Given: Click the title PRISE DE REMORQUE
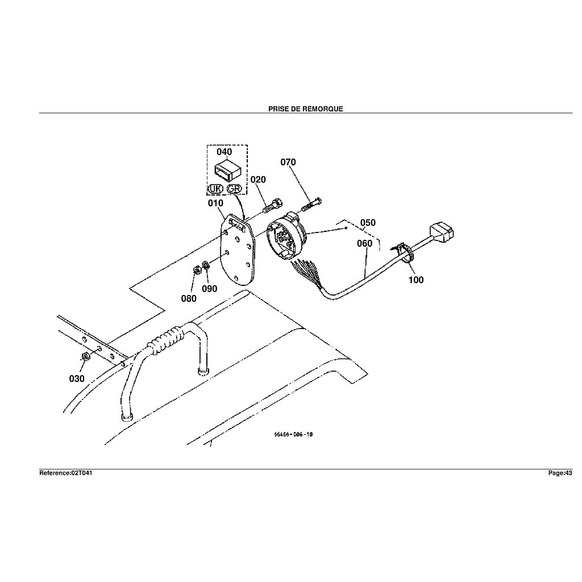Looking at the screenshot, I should pos(305,109).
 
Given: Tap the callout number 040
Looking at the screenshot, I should pos(225,152).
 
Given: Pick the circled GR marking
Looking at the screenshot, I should pos(234,189).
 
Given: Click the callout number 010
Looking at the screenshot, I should pos(215,203).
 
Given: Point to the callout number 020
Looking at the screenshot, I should pos(258,180).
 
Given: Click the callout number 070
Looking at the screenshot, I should pos(288,163).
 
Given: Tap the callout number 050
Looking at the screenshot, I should pos(368,223).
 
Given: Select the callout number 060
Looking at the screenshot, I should pos(364,243).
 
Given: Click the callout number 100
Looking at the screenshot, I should pos(416,280).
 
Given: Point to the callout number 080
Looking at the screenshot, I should pos(189,298).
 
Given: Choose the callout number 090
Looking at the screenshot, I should pos(210,289).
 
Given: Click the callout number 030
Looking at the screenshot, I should pos(77,379).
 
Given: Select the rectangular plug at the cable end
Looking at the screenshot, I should pos(443,231).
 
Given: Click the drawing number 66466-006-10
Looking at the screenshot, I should pos(293,435).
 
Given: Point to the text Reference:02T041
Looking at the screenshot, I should pos(65,473).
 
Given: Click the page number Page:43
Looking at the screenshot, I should pos(560,473).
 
